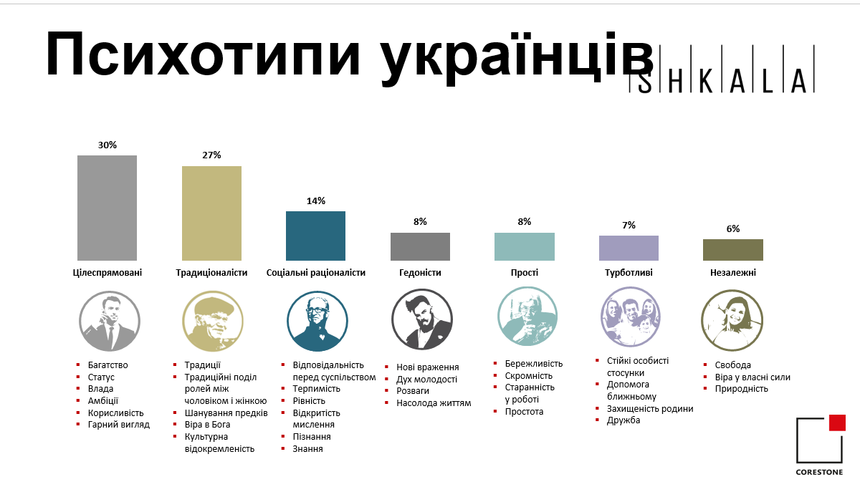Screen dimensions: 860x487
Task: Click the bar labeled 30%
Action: [107, 208]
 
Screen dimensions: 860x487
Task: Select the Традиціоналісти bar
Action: [211, 213]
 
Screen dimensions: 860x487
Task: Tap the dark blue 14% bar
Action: [315, 236]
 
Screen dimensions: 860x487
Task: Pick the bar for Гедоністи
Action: [420, 247]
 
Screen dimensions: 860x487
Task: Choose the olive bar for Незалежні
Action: [733, 250]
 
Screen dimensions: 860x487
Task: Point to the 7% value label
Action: [629, 226]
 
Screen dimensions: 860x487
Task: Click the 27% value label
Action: [211, 155]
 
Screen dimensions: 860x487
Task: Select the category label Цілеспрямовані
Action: [107, 273]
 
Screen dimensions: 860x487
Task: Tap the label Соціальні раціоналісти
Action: [315, 273]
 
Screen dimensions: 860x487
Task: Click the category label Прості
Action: [525, 273]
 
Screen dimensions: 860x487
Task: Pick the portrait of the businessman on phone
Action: [110, 322]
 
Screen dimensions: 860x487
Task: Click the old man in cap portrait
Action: [213, 322]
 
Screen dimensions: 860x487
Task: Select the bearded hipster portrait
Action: [422, 319]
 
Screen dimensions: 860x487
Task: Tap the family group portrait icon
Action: [631, 317]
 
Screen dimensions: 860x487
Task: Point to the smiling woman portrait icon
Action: [732, 320]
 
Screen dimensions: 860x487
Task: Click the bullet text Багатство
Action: [108, 365]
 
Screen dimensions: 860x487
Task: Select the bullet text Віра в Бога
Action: [207, 425]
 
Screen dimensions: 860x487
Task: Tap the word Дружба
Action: [623, 420]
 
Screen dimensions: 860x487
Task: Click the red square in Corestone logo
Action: [837, 423]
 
